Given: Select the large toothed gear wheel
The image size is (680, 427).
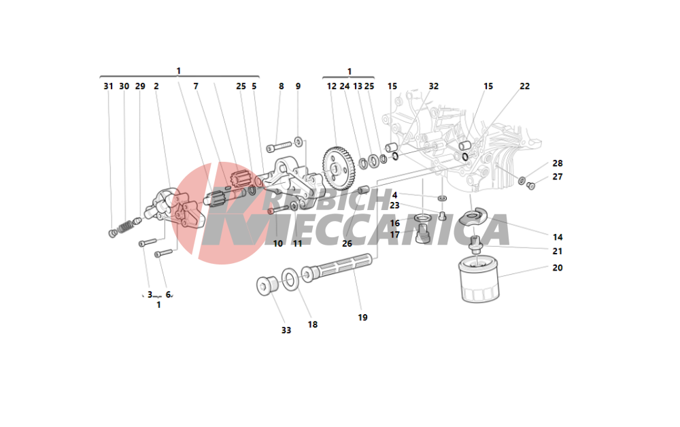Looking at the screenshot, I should (x=338, y=167).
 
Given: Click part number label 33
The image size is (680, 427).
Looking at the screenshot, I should (x=286, y=330).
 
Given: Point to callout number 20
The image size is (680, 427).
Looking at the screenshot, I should (x=558, y=268).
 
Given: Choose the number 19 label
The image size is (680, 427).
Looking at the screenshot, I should (x=362, y=317).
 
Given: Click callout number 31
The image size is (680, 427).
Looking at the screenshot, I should (x=108, y=86).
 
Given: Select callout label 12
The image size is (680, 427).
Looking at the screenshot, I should (x=332, y=86).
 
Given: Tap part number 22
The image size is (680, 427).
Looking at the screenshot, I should (x=524, y=86).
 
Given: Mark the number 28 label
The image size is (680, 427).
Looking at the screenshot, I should (x=558, y=163).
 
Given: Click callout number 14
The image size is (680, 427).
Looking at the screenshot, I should (x=558, y=237).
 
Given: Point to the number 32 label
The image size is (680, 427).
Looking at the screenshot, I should (x=434, y=86).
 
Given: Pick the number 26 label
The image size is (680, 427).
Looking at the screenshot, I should (x=347, y=243).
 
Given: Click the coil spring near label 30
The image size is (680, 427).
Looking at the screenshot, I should (x=124, y=226).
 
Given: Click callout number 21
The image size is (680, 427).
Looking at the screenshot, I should (x=558, y=251).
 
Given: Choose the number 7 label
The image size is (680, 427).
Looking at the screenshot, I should (x=196, y=86).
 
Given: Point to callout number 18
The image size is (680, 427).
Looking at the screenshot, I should (x=312, y=324).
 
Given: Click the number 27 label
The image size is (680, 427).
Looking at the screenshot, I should (x=558, y=177).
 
